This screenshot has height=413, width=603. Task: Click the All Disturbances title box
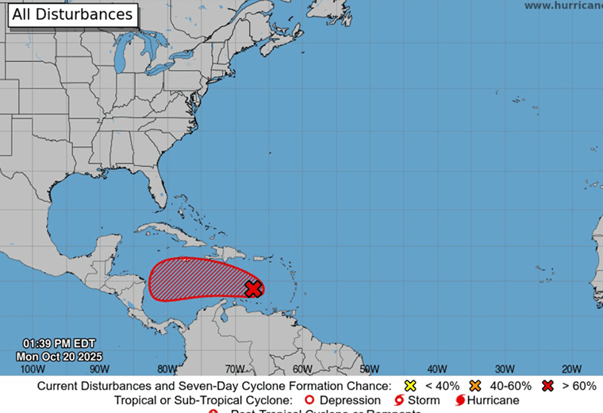[x=72, y=14]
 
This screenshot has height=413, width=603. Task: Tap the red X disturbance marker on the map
[x=253, y=288]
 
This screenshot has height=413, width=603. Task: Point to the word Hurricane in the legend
[x=493, y=400]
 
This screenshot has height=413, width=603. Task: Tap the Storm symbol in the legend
[x=398, y=400]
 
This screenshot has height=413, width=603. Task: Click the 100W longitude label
[x=32, y=369]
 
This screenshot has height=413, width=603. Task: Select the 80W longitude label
[x=167, y=369]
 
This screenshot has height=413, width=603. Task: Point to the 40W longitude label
[x=436, y=369]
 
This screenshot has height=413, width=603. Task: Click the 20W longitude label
[x=571, y=369]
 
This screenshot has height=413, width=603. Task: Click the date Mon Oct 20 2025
[x=60, y=357]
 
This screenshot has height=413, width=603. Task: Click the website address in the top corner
[x=563, y=6]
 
